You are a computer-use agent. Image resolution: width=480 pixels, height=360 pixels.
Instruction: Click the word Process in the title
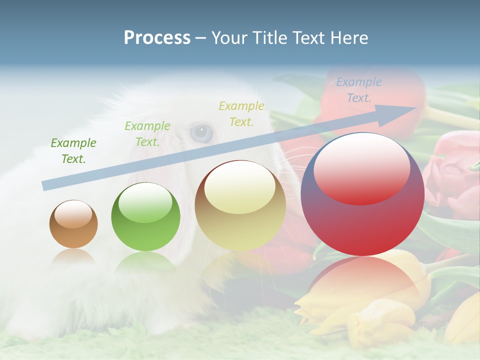(157, 38)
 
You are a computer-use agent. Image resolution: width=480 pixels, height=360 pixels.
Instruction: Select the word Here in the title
(350, 38)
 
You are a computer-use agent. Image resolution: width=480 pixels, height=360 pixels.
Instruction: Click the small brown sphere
(73, 224)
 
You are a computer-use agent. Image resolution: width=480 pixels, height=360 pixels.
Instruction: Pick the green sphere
(145, 217)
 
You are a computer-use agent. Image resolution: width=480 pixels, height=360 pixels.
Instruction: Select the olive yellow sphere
(240, 206)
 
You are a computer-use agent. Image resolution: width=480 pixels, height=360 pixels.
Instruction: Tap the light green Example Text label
(147, 134)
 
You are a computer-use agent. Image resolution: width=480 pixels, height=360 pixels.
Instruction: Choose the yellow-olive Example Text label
(241, 113)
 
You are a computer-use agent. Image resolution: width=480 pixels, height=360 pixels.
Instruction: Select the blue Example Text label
(359, 90)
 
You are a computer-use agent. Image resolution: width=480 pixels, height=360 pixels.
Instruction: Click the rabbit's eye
(201, 132)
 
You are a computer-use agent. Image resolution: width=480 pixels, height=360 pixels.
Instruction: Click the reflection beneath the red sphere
(362, 280)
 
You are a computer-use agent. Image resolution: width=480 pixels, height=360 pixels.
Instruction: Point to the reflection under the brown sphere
(73, 256)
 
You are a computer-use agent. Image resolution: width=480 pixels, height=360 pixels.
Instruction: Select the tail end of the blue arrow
(45, 185)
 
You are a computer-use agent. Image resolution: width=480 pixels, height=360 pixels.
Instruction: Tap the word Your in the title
(228, 38)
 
